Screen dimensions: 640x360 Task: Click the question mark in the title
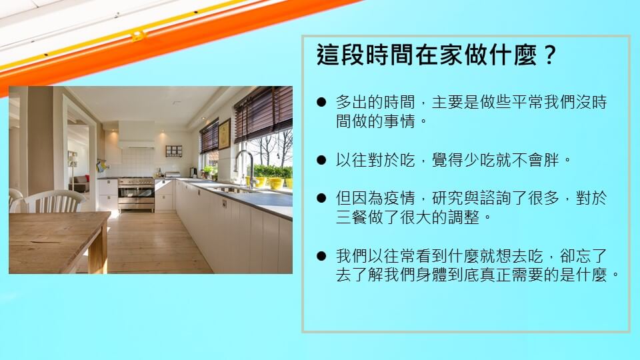(550, 54)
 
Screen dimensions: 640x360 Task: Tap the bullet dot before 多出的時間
(321, 102)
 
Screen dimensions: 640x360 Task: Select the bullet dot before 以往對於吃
(321, 160)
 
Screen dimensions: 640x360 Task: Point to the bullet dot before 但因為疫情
(321, 199)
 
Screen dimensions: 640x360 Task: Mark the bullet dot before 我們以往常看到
(321, 256)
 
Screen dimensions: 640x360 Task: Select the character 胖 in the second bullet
(552, 160)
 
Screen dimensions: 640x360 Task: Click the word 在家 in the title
(439, 54)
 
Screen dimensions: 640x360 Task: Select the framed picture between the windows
(224, 134)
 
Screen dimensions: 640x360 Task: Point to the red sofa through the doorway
(80, 183)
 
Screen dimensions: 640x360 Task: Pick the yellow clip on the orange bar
(139, 36)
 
